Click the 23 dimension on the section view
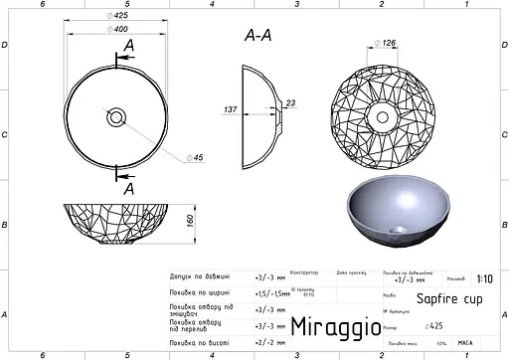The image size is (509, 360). tap(290, 102)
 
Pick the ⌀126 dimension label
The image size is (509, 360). tap(388, 42)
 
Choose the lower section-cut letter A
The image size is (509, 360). tap(129, 186)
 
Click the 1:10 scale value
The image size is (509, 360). tap(484, 279)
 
